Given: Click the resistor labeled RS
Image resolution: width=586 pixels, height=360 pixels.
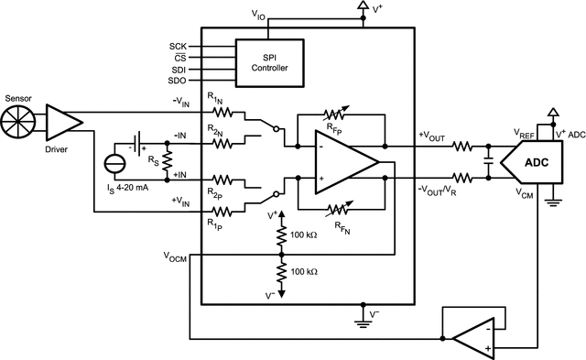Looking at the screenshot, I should pos(168,160).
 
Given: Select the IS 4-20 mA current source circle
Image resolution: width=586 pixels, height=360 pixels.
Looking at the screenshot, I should pos(115,166).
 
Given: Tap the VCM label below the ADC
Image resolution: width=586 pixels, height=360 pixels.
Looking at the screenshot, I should pos(525,195).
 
